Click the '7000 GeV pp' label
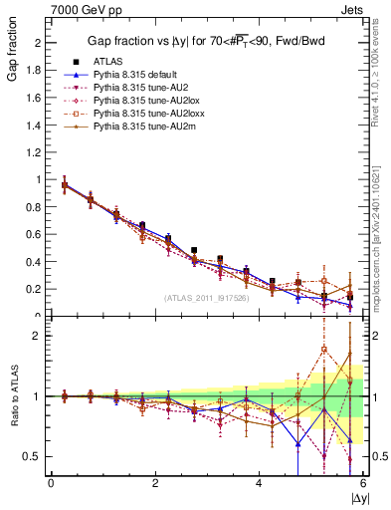click(x=79, y=9)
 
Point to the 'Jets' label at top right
click(x=353, y=9)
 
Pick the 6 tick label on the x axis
click(x=363, y=482)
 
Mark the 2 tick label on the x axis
click(x=155, y=482)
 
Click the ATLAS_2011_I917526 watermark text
click(x=207, y=297)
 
